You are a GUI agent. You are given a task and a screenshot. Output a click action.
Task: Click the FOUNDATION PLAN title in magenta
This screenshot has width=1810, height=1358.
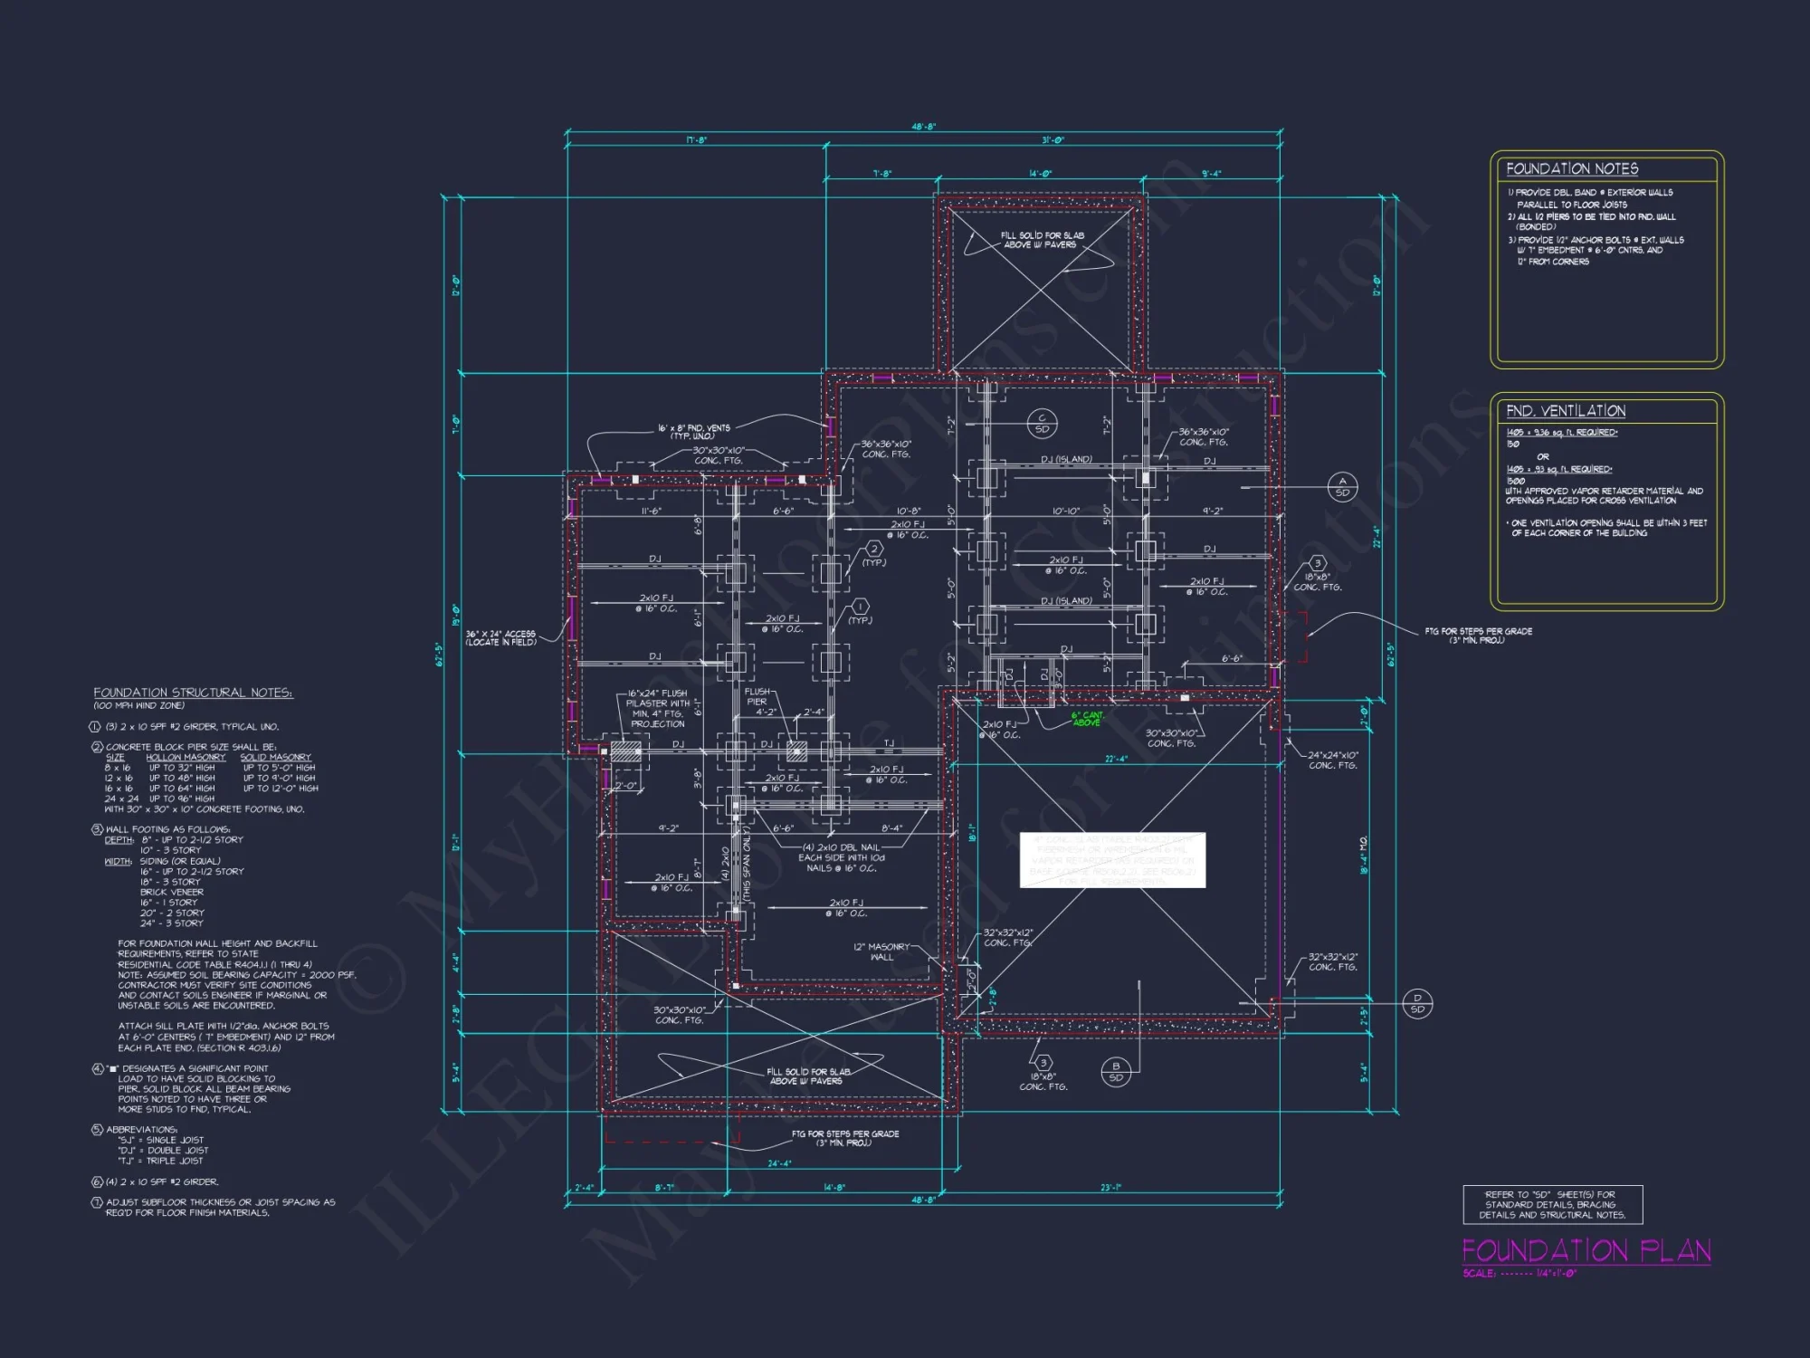pyautogui.click(x=1586, y=1251)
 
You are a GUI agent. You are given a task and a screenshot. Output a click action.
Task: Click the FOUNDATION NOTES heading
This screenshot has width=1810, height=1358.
pyautogui.click(x=1572, y=169)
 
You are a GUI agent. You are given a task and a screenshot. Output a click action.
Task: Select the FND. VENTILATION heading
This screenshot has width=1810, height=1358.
pyautogui.click(x=1566, y=411)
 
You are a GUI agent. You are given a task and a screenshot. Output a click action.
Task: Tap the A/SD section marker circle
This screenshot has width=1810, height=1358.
pyautogui.click(x=1342, y=487)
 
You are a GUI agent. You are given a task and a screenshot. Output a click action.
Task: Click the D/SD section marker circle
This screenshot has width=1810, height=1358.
pyautogui.click(x=1417, y=1003)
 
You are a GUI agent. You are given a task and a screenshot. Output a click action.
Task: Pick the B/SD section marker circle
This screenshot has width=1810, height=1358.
pyautogui.click(x=1115, y=1072)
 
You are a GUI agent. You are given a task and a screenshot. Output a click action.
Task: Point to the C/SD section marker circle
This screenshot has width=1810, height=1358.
pyautogui.click(x=1042, y=424)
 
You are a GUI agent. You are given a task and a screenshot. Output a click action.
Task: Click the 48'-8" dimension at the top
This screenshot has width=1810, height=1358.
pyautogui.click(x=923, y=127)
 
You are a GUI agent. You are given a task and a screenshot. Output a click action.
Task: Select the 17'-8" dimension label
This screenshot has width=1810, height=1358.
pyautogui.click(x=695, y=140)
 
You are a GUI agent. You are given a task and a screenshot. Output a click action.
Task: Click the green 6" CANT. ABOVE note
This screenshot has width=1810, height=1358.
pyautogui.click(x=1087, y=719)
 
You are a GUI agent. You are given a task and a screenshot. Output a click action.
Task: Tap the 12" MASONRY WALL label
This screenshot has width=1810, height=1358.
pyautogui.click(x=881, y=952)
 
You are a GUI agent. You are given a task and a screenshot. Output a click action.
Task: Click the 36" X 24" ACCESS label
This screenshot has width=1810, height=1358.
pyautogui.click(x=500, y=637)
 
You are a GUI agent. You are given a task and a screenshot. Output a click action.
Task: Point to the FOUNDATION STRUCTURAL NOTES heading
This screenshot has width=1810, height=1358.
pyautogui.click(x=193, y=693)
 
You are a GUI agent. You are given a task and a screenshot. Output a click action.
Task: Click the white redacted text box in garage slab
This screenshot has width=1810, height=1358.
pyautogui.click(x=1112, y=860)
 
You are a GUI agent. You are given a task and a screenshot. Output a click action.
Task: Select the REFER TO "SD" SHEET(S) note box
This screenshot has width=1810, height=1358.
pyautogui.click(x=1552, y=1204)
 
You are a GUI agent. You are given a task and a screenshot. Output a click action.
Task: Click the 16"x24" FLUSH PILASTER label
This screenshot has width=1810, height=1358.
pyautogui.click(x=658, y=708)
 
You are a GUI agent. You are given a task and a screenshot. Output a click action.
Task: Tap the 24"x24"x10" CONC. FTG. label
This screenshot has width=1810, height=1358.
pyautogui.click(x=1333, y=760)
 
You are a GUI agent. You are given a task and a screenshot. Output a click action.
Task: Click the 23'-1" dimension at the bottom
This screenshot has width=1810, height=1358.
pyautogui.click(x=1111, y=1188)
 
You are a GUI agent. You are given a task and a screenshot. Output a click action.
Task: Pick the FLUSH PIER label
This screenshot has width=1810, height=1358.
pyautogui.click(x=757, y=696)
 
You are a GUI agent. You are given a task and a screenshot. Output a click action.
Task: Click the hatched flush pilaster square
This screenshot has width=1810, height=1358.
pyautogui.click(x=624, y=751)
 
